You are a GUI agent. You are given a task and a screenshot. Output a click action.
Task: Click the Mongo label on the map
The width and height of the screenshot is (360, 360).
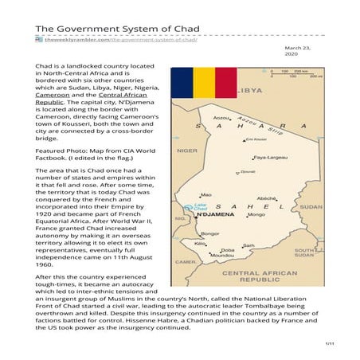(x=256, y=214)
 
